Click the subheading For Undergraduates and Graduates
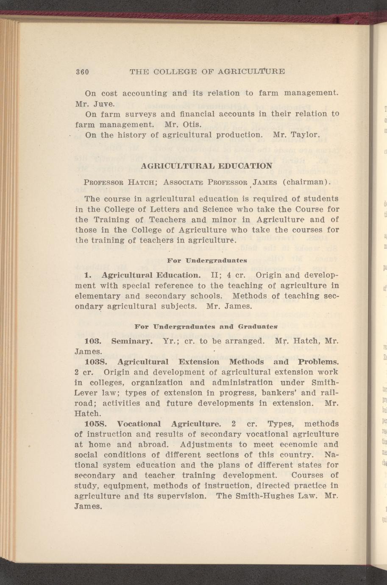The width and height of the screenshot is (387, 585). (206, 327)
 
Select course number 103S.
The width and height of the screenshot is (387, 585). (98, 362)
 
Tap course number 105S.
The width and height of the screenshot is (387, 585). (98, 424)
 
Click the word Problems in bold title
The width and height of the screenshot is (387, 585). (318, 362)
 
